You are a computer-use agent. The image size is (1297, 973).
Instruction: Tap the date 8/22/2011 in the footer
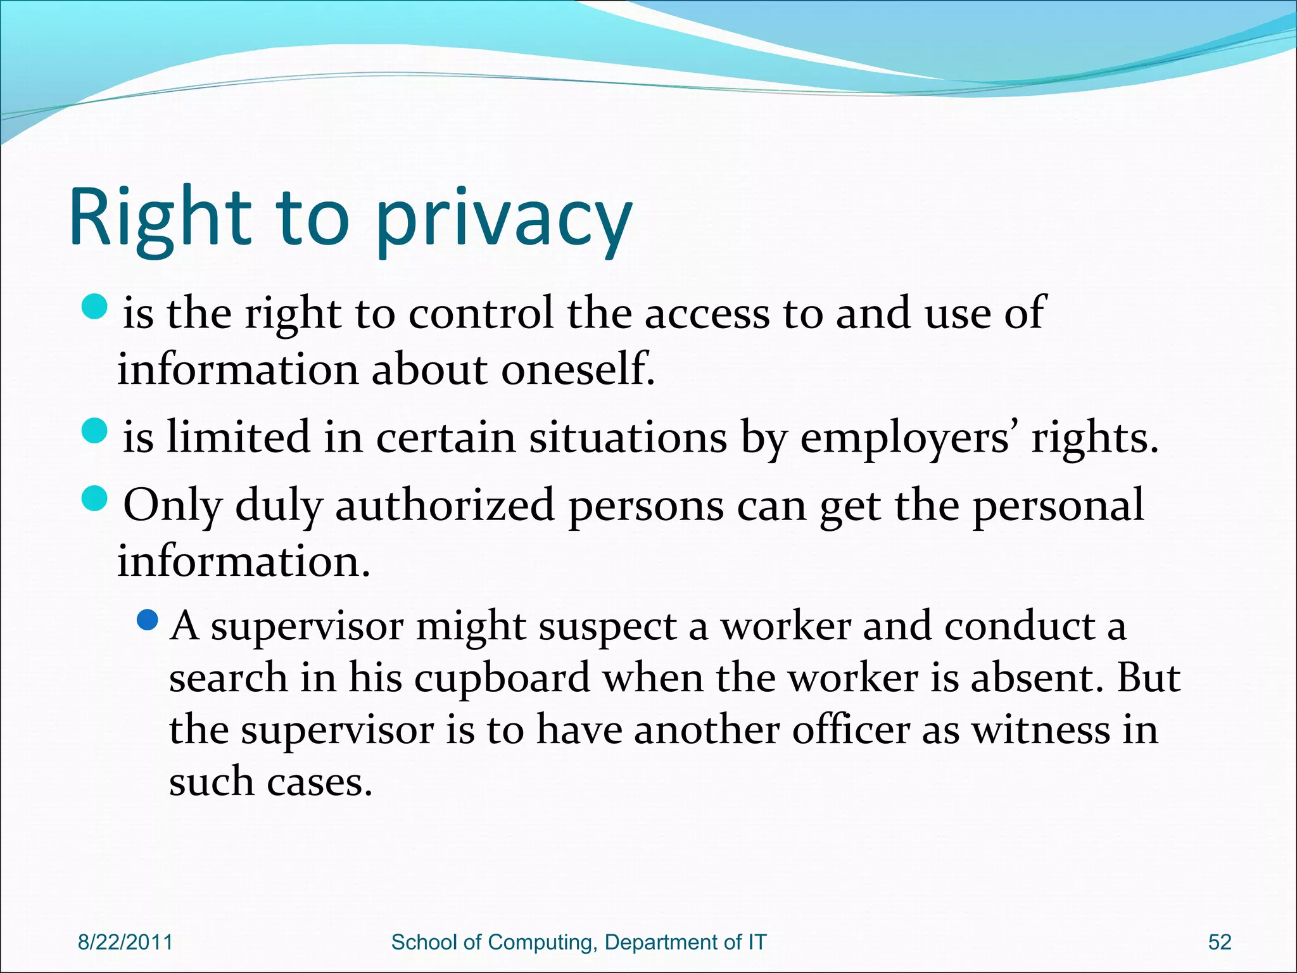click(x=125, y=942)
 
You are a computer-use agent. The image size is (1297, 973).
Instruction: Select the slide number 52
click(x=1220, y=942)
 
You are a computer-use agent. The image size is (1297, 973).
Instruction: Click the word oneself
click(x=578, y=369)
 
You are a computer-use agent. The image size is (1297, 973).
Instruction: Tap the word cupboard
click(x=502, y=678)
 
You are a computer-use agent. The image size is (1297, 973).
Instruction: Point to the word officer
click(x=851, y=730)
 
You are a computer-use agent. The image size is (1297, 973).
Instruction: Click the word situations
click(x=628, y=438)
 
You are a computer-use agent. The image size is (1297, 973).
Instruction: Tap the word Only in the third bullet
click(x=172, y=506)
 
